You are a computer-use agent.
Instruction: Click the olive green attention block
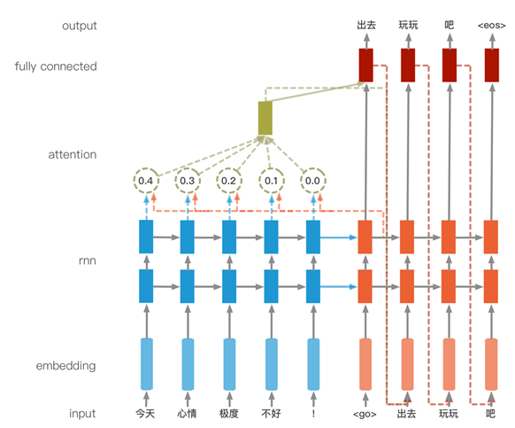(265, 118)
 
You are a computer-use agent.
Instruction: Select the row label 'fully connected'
(56, 66)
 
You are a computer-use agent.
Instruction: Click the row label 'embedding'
(66, 366)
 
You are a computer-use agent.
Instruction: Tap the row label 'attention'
(73, 154)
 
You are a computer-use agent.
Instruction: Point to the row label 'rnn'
(88, 261)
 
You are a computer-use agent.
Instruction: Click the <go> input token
(365, 414)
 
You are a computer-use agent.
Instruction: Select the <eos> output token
(491, 26)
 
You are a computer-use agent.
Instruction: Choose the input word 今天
(145, 413)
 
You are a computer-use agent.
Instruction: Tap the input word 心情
(187, 413)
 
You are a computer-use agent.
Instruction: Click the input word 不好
(271, 413)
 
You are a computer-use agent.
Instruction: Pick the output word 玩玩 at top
(408, 25)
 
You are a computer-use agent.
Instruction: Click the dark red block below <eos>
(492, 66)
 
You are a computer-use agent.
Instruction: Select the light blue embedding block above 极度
(229, 364)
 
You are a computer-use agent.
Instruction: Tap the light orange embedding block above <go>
(365, 364)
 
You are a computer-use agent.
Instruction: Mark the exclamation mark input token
(313, 414)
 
